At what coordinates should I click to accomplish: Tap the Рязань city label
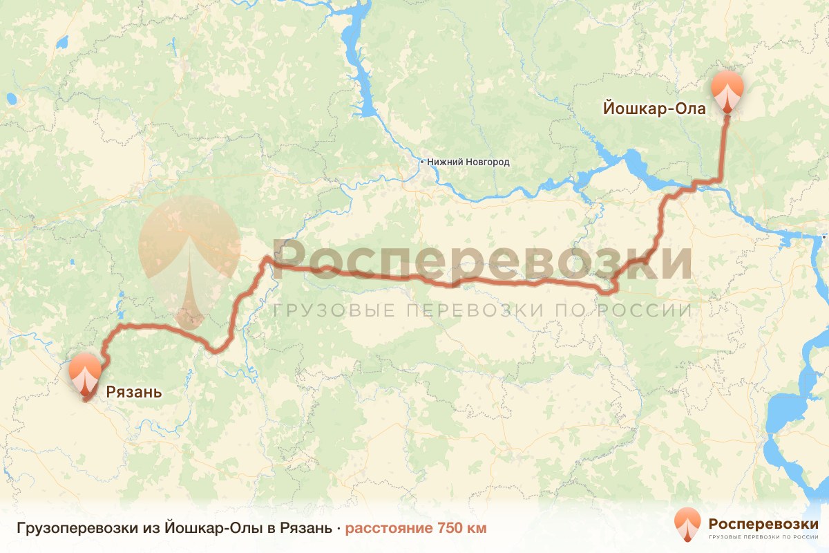[x=134, y=393]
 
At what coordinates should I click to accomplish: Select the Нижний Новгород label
[x=468, y=162]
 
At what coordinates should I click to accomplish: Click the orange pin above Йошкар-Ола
[x=728, y=88]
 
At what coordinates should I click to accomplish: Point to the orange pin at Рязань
[x=85, y=373]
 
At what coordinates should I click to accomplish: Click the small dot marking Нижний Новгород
[x=422, y=162]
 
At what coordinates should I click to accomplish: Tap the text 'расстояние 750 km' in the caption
[x=416, y=529]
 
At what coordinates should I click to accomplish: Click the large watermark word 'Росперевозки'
[x=482, y=261]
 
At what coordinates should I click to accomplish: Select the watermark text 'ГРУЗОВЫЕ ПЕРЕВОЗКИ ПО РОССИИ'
[x=482, y=310]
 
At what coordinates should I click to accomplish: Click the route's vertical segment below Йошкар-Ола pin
[x=723, y=149]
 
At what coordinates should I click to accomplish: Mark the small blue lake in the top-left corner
[x=62, y=43]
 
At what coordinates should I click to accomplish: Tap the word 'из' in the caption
[x=151, y=529]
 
